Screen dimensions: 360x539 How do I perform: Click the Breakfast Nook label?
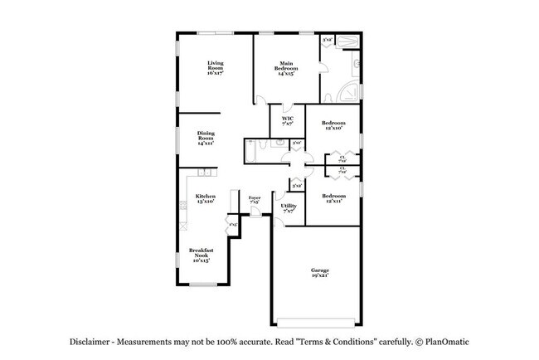coord(202,254)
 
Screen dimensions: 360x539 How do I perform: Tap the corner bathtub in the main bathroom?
coord(352,90)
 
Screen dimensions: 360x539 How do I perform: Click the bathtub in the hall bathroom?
coord(251,152)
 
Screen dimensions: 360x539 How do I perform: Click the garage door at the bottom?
coord(317,324)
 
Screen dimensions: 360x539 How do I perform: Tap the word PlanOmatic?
coord(453,342)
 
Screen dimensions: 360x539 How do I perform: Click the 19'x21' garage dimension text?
coord(320,276)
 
